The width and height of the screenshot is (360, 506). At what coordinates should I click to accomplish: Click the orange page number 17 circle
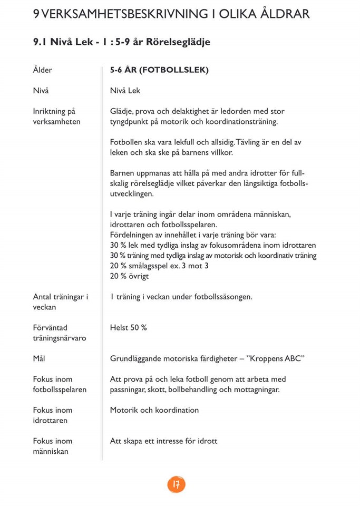pyautogui.click(x=177, y=484)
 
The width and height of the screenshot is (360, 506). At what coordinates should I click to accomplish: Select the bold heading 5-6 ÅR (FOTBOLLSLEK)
pyautogui.click(x=159, y=70)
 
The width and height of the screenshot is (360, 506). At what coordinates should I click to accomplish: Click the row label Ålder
pyautogui.click(x=42, y=70)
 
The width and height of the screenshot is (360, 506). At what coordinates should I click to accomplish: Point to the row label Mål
pyautogui.click(x=39, y=358)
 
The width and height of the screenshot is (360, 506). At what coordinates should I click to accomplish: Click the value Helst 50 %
pyautogui.click(x=128, y=328)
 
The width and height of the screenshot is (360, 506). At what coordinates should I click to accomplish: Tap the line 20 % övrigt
pyautogui.click(x=129, y=276)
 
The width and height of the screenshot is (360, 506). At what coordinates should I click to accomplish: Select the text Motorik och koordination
pyautogui.click(x=154, y=410)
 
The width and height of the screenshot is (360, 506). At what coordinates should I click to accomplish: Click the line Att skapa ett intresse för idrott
pyautogui.click(x=163, y=441)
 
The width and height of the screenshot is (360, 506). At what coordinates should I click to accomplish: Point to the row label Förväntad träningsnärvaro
pyautogui.click(x=59, y=333)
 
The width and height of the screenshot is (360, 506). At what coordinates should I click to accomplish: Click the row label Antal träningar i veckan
pyautogui.click(x=60, y=302)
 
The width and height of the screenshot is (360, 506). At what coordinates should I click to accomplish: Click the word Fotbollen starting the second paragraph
pyautogui.click(x=127, y=142)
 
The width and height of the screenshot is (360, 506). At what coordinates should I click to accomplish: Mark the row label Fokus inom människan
pyautogui.click(x=53, y=446)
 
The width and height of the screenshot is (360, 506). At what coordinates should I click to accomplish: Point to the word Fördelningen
pyautogui.click(x=134, y=235)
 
